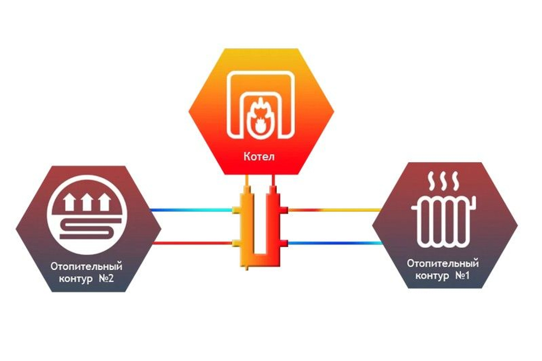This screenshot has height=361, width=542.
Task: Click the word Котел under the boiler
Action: point(259,156)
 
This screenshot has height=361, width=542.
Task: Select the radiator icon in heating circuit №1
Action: point(443,221)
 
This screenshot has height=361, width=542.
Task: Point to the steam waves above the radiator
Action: point(443,181)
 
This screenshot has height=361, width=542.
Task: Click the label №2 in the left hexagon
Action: point(106,279)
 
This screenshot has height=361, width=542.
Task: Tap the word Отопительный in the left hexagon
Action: point(86,267)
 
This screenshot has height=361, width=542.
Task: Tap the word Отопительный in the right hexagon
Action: point(443,263)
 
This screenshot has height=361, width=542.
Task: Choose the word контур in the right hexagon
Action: point(432,276)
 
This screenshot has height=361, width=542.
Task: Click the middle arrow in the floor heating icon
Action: point(87,202)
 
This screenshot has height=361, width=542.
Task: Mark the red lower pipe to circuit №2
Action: point(192,243)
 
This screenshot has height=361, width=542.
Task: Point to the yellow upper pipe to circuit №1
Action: point(334,210)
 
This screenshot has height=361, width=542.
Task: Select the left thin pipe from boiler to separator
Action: point(247,180)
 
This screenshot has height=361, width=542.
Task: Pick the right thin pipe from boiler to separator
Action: point(273,180)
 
